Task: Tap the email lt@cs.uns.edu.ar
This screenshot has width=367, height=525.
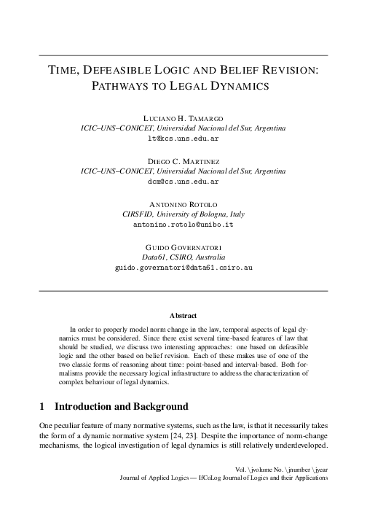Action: pyautogui.click(x=183, y=138)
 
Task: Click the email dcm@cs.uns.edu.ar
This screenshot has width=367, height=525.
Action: pyautogui.click(x=183, y=180)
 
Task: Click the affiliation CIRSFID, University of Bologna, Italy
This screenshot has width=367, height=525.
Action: pyautogui.click(x=183, y=214)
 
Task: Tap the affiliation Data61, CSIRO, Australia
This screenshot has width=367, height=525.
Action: pyautogui.click(x=183, y=257)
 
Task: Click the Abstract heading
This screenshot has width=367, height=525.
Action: pyautogui.click(x=183, y=316)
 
